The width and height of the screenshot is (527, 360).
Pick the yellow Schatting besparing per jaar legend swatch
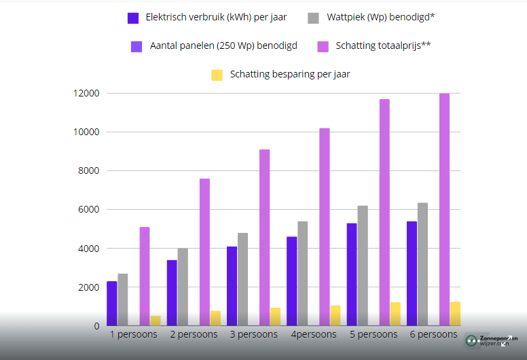(x=217, y=75)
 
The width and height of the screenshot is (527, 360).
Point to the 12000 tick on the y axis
(x=87, y=93)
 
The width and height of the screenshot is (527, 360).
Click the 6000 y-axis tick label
(x=89, y=210)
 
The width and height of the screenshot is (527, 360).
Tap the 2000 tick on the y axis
(x=89, y=287)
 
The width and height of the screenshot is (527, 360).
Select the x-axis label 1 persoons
(x=133, y=335)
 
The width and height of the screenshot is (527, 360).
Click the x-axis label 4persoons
(x=313, y=335)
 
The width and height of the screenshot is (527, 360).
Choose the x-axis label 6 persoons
(x=433, y=335)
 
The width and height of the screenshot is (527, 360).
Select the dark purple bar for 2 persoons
(x=172, y=292)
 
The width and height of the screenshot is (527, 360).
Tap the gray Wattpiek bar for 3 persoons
(x=242, y=278)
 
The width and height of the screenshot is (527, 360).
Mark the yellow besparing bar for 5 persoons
(x=395, y=314)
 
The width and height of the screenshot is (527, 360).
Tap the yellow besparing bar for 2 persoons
(x=215, y=318)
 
